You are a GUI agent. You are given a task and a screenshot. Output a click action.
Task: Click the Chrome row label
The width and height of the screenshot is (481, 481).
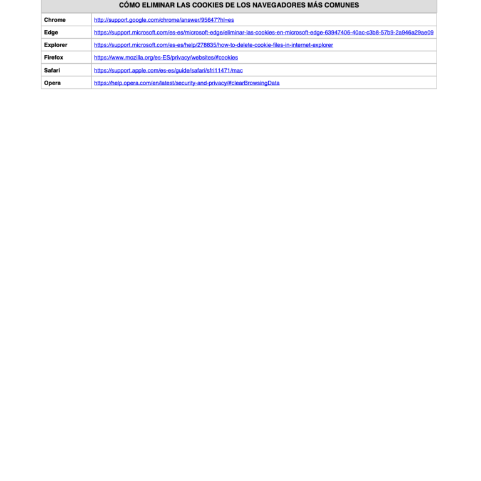coord(55,20)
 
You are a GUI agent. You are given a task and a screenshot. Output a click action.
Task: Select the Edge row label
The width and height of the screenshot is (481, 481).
coord(51,33)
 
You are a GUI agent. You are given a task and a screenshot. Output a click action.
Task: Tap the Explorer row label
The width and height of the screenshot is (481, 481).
coord(56,45)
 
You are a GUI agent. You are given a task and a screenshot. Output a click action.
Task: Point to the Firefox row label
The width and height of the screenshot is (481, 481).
coord(54,58)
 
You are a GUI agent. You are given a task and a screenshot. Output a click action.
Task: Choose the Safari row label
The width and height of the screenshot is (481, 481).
coord(53,70)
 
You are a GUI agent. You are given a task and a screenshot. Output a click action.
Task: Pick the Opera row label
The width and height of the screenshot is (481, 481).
coord(53,83)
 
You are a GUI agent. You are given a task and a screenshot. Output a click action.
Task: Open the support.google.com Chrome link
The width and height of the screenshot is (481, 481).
coord(163,20)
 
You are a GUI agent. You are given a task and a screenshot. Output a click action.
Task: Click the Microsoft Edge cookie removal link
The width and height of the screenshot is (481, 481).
coord(264,33)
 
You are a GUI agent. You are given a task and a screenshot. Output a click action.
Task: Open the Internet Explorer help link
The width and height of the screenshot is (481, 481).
coord(214,45)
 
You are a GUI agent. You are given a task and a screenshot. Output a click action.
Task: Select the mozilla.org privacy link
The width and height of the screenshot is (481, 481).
coord(166,58)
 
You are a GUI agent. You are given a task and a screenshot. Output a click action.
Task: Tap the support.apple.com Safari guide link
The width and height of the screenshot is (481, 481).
coord(168,70)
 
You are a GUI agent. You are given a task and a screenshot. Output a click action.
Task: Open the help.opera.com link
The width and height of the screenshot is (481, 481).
coord(187,83)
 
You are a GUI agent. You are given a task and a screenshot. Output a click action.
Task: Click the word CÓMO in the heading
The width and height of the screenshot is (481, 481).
coord(129,5)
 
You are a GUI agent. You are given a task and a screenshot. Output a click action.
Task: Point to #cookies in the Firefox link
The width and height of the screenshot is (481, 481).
coord(226,58)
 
